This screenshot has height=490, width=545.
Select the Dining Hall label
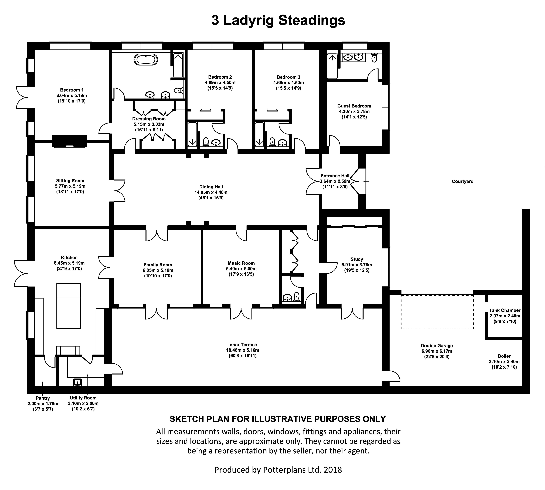[211, 187]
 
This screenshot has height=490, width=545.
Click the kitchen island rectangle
[69, 306]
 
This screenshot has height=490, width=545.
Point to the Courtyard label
[463, 181]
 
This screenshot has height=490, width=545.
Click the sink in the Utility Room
[78, 382]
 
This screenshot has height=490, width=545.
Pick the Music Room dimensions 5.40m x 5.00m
[241, 269]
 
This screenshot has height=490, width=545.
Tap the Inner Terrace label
[242, 345]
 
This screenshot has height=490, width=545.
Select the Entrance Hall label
[335, 176]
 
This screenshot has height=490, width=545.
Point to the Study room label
[357, 259]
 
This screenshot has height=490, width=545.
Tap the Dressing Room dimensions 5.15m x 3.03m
[149, 124]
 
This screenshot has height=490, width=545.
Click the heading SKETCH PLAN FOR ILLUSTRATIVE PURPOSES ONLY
[278, 419]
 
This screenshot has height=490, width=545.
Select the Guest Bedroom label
[354, 106]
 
